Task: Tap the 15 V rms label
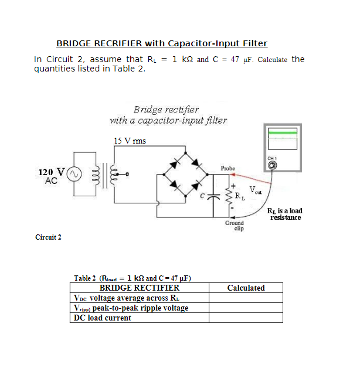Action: [130, 141]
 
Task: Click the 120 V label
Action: [51, 172]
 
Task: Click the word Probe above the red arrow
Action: [228, 168]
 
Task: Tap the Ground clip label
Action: [235, 226]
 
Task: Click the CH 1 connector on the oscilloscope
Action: [272, 165]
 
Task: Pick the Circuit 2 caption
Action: [48, 237]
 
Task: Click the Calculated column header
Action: [246, 288]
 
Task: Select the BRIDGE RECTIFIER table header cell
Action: [139, 288]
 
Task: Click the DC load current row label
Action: [102, 318]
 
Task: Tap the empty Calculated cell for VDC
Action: [246, 298]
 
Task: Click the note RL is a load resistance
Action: [285, 214]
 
